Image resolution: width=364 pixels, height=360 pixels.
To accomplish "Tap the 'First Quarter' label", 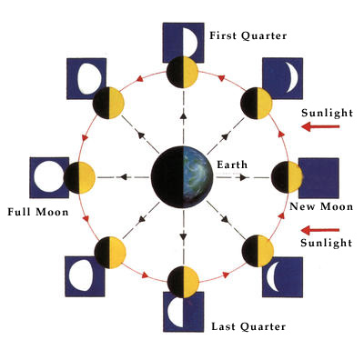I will pyautogui.click(x=248, y=35).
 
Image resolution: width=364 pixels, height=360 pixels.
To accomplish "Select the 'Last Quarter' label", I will pyautogui.click(x=248, y=325).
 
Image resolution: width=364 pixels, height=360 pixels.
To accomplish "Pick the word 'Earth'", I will pyautogui.click(x=231, y=164).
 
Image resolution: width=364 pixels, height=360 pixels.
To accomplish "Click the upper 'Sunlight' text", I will pyautogui.click(x=327, y=113).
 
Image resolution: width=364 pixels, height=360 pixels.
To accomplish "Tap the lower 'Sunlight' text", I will pyautogui.click(x=327, y=244).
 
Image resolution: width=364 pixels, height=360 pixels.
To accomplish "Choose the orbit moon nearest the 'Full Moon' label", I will pyautogui.click(x=79, y=175).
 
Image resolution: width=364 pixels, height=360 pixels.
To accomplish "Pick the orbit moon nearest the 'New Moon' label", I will pyautogui.click(x=285, y=175).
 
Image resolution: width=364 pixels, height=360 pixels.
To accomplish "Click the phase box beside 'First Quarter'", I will pyautogui.click(x=183, y=40).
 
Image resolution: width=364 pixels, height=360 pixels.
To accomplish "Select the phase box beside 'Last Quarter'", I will pyautogui.click(x=183, y=310).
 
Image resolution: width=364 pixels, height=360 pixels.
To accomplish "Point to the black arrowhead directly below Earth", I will pyautogui.click(x=182, y=236).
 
